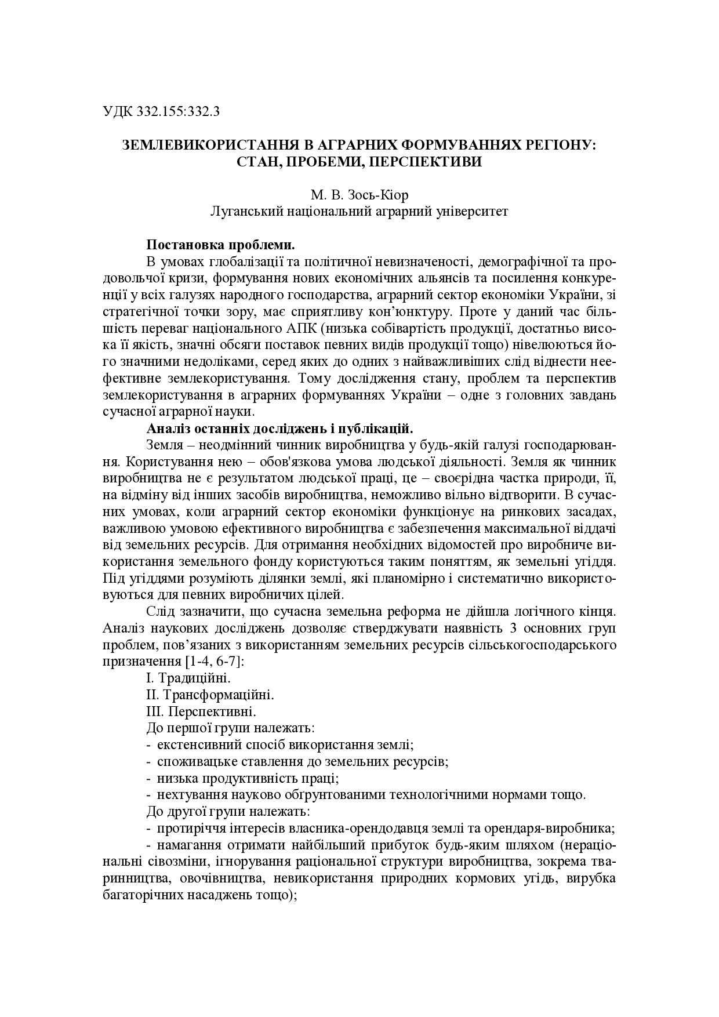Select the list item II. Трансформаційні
[210, 694]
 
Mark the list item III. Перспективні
[201, 711]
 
